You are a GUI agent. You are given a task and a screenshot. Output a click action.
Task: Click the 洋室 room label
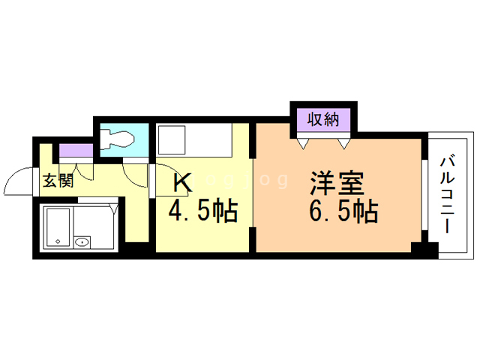point(337,183)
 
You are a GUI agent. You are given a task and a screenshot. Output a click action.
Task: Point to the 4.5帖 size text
point(202,211)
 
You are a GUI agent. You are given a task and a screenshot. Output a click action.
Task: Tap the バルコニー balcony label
point(448,193)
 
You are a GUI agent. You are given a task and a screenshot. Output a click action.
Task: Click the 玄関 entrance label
point(56,180)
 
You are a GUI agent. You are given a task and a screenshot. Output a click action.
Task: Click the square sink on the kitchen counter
point(174,140)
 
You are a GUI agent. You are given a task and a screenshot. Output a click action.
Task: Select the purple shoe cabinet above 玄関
point(76,150)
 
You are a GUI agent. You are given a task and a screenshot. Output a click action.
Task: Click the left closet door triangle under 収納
point(303,142)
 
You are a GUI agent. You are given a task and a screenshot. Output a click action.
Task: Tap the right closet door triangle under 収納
point(344,142)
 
